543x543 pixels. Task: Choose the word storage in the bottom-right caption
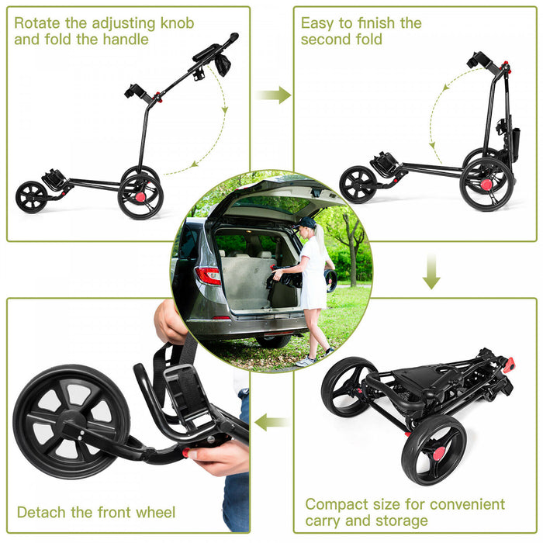[x=399, y=521]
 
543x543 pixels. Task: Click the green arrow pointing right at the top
[x=273, y=95]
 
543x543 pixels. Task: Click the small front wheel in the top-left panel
[x=31, y=197]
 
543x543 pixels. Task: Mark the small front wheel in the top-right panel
[x=358, y=185]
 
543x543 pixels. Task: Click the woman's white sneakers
[x=307, y=361]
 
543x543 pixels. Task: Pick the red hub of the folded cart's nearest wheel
[x=439, y=453]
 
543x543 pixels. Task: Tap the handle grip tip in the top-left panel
[x=233, y=36]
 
